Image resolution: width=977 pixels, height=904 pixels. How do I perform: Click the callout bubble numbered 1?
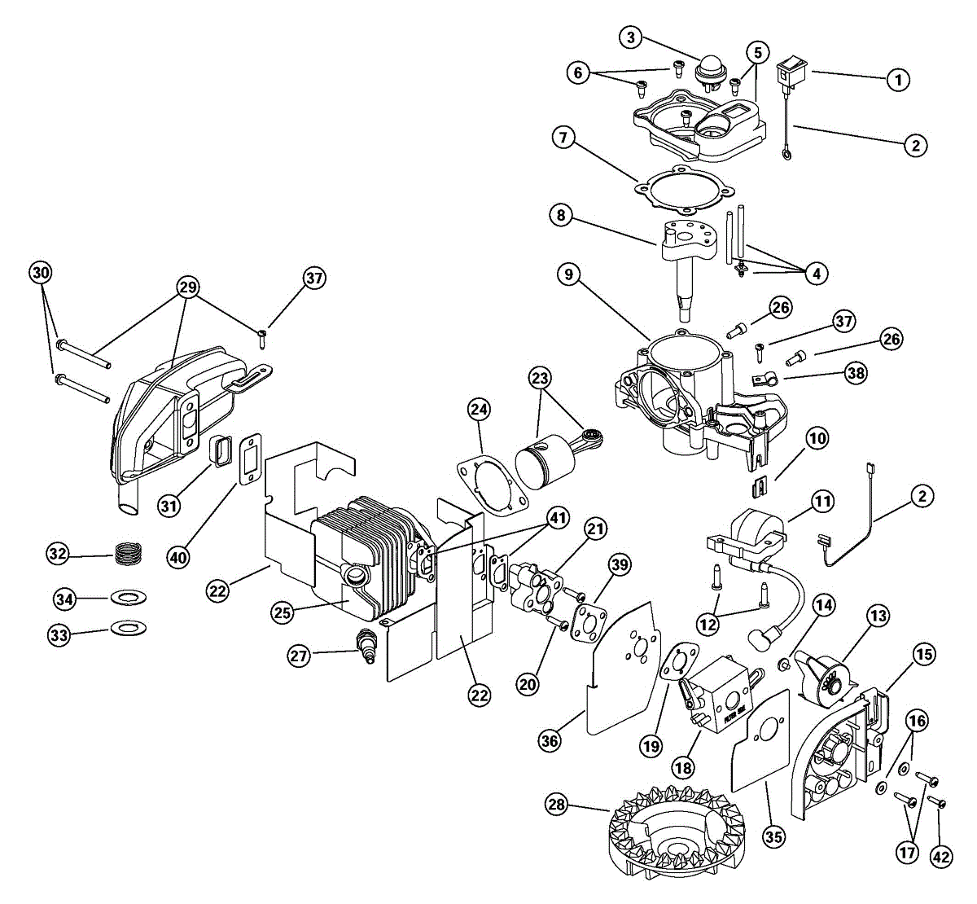[x=898, y=79]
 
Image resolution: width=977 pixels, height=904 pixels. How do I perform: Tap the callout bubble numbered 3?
[x=631, y=37]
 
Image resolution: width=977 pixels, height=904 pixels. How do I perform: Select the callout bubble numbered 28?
[x=557, y=805]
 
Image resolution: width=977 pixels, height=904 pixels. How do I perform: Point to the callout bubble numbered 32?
[x=58, y=554]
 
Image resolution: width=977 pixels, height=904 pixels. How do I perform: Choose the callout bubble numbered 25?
[x=283, y=612]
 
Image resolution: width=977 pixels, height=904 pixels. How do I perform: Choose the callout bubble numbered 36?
[x=550, y=740]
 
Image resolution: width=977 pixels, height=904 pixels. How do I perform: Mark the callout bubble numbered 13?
[x=878, y=617]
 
